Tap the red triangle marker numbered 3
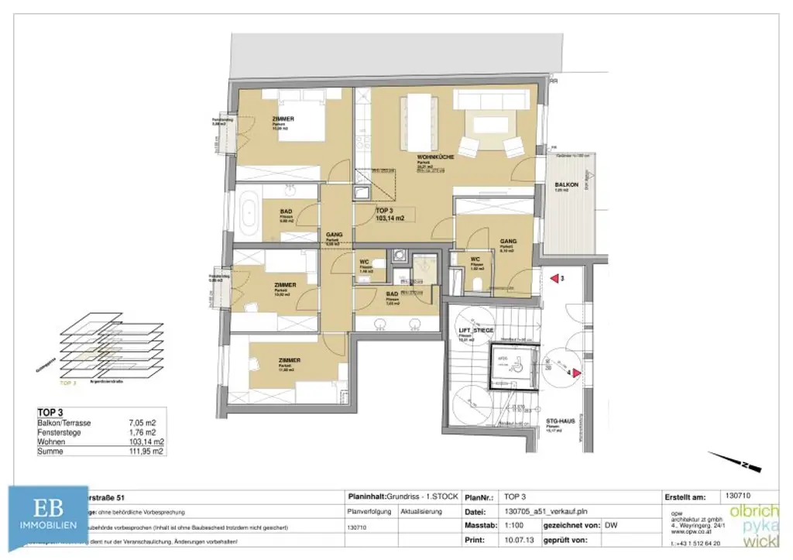pos(554,277)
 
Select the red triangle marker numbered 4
pos(577,373)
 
